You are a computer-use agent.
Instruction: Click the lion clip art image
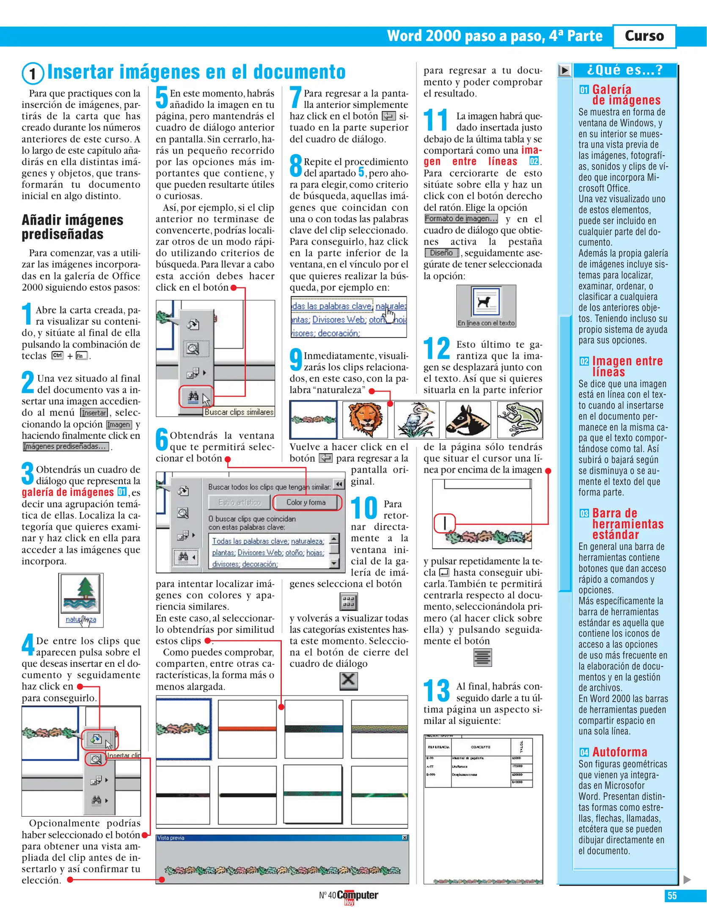click(365, 419)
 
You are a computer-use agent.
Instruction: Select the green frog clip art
click(520, 419)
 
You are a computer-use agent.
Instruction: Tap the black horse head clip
click(468, 419)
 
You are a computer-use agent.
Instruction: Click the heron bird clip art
click(416, 419)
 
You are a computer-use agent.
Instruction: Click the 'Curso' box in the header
click(644, 36)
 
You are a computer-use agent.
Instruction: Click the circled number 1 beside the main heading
click(33, 74)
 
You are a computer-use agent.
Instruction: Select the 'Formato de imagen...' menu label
click(461, 219)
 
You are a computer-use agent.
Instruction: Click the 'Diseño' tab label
click(441, 253)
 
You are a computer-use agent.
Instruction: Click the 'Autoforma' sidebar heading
click(619, 752)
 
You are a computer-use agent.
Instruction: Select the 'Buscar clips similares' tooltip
click(239, 412)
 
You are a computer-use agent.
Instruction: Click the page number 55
click(671, 896)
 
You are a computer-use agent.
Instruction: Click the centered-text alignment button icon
click(482, 658)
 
